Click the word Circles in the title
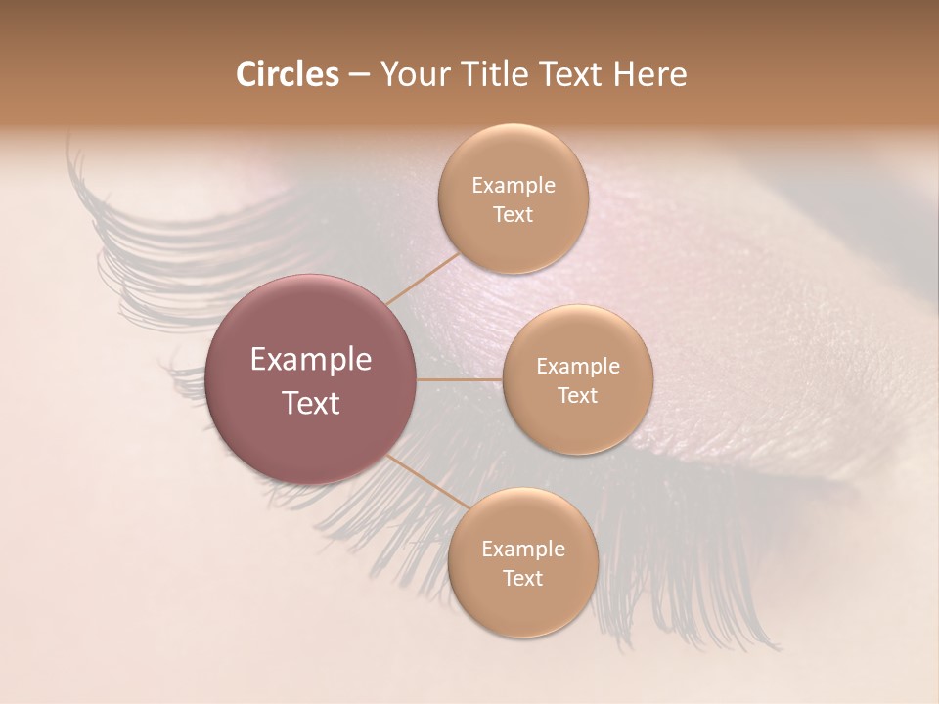(287, 74)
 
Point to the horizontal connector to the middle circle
(460, 379)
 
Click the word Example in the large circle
(311, 360)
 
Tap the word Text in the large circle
(311, 403)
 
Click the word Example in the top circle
(513, 186)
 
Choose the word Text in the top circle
(513, 214)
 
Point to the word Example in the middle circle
(577, 367)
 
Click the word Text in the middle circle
(577, 395)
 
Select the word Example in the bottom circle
(522, 550)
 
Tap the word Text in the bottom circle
(522, 578)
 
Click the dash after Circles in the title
(359, 75)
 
